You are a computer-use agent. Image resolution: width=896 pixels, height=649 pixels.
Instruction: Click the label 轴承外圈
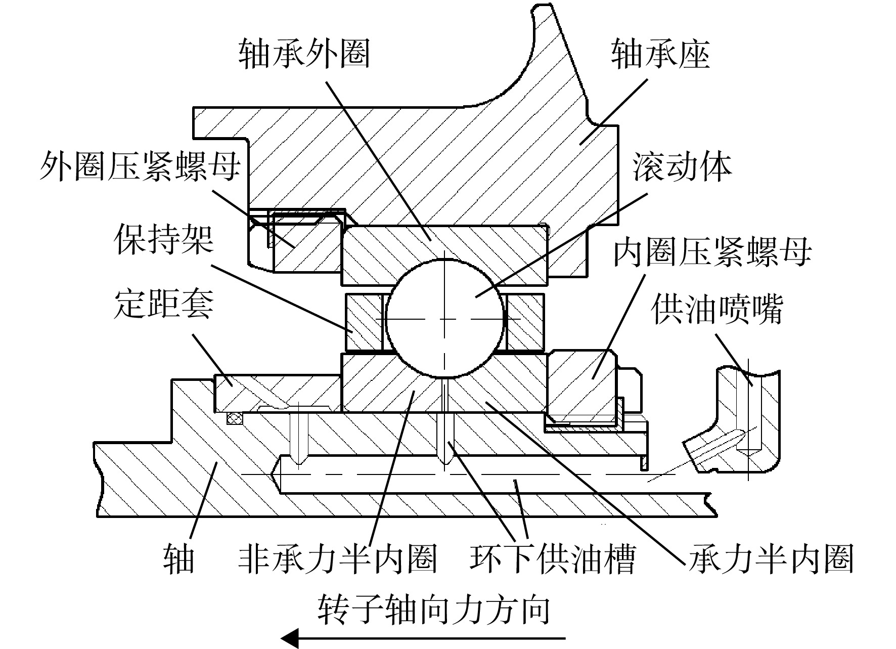point(304,54)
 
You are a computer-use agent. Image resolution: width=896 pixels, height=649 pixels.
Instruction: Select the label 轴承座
point(660,54)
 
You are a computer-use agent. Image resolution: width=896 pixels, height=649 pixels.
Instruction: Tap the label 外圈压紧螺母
point(140,166)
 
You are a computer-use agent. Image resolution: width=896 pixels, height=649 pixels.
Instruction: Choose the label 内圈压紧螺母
point(712,251)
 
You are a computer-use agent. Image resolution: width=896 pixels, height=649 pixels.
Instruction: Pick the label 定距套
point(164,305)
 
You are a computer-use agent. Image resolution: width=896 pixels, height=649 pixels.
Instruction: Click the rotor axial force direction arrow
point(423,637)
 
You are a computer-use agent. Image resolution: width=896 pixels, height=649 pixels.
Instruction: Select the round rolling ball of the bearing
point(445,318)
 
